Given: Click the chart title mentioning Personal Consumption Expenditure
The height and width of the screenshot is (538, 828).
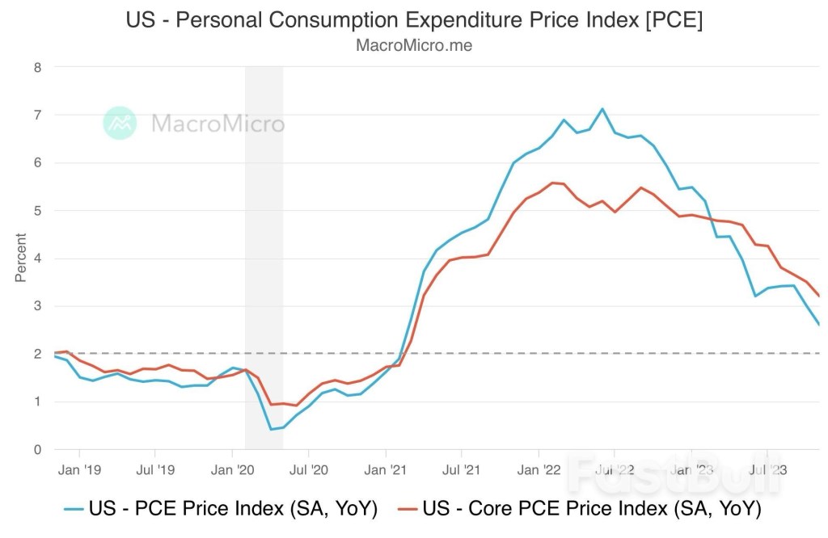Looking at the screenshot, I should [x=414, y=20].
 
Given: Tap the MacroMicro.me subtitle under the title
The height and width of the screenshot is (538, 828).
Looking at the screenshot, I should [x=414, y=46].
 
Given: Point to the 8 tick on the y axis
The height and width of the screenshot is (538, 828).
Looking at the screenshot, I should [x=37, y=67].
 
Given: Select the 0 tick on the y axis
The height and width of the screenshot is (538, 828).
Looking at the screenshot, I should [x=37, y=449].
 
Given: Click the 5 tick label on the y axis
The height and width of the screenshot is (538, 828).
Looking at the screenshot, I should [x=37, y=211].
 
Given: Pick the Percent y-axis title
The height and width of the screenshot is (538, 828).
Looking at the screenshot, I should [x=21, y=258].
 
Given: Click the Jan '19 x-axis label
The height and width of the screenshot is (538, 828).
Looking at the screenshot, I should [x=79, y=469].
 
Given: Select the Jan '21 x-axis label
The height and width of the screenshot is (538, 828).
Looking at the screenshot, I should [x=387, y=469].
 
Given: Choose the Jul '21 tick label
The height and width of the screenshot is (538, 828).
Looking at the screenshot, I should [x=462, y=469].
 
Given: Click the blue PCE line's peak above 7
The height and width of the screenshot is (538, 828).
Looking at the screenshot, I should [x=602, y=109].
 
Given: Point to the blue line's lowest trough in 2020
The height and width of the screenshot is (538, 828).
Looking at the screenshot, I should [x=271, y=429].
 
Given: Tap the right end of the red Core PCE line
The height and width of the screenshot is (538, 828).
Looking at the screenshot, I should [x=819, y=296].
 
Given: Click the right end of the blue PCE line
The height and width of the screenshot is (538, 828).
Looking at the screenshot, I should [x=819, y=325].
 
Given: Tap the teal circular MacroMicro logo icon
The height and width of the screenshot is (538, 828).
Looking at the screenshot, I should [x=120, y=123].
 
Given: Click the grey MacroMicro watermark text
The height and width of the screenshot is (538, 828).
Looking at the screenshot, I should [x=218, y=124].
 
